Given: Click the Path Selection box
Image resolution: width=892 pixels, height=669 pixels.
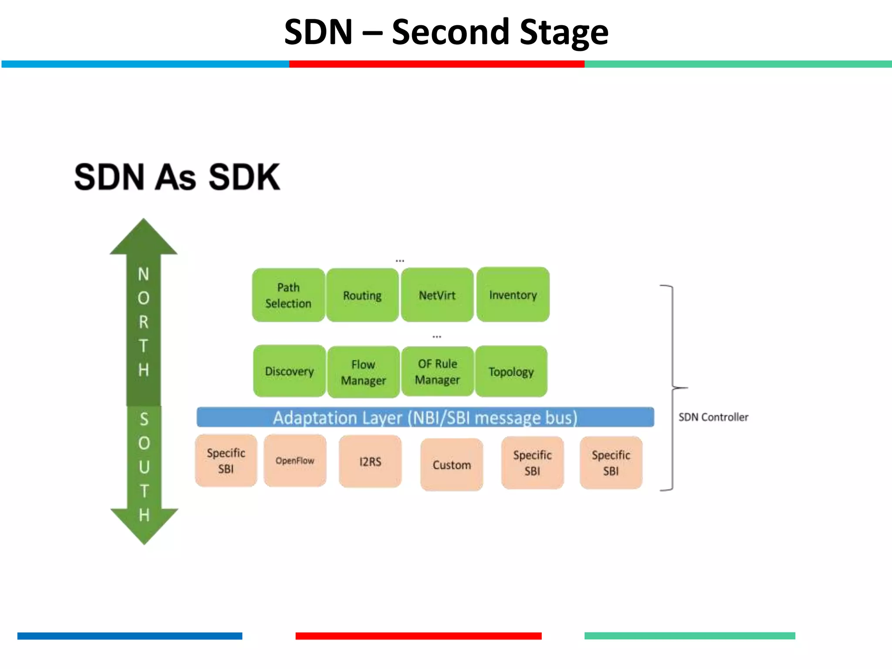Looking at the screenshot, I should (288, 295).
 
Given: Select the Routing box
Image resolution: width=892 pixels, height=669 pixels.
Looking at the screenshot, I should (362, 295).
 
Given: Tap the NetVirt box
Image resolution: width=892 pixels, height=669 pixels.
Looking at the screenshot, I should (437, 295).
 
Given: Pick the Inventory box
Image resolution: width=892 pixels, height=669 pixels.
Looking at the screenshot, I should (513, 295).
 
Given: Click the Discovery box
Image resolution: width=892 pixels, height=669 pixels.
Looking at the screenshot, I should (290, 371).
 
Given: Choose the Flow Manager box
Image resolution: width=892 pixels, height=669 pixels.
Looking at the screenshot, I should (364, 372).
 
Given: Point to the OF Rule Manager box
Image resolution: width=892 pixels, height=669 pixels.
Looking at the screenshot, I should (437, 372).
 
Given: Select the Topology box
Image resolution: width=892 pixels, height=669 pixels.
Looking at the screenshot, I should (511, 372).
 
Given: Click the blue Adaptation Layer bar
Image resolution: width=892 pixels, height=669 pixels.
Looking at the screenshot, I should (425, 417).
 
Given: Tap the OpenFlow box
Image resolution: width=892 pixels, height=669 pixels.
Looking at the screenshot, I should (295, 460).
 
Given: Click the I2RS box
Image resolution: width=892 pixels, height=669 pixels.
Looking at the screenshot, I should (370, 461).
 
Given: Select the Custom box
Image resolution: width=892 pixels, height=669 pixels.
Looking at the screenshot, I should (452, 465).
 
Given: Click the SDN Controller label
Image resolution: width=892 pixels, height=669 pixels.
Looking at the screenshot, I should (713, 417).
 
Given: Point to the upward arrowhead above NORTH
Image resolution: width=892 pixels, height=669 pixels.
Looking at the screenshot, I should (144, 237).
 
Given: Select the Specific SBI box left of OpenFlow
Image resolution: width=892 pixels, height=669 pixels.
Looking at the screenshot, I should (226, 460).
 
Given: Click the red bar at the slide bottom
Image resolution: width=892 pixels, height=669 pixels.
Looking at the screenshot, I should (418, 636).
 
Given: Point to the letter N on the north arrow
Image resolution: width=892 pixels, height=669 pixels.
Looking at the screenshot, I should (143, 274).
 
